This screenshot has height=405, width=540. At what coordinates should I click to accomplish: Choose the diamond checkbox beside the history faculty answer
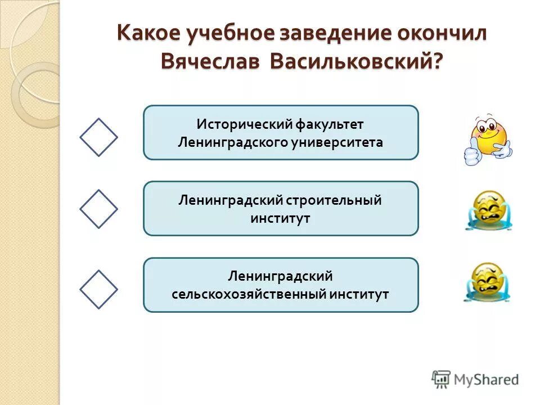[x=98, y=137]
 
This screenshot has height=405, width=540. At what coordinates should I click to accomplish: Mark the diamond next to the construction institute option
[x=98, y=208]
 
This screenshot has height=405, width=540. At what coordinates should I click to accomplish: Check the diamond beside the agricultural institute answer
[x=98, y=289]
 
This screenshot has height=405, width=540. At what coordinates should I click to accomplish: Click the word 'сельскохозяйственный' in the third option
[x=249, y=294]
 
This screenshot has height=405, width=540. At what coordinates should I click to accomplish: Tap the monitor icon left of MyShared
[x=442, y=379]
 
